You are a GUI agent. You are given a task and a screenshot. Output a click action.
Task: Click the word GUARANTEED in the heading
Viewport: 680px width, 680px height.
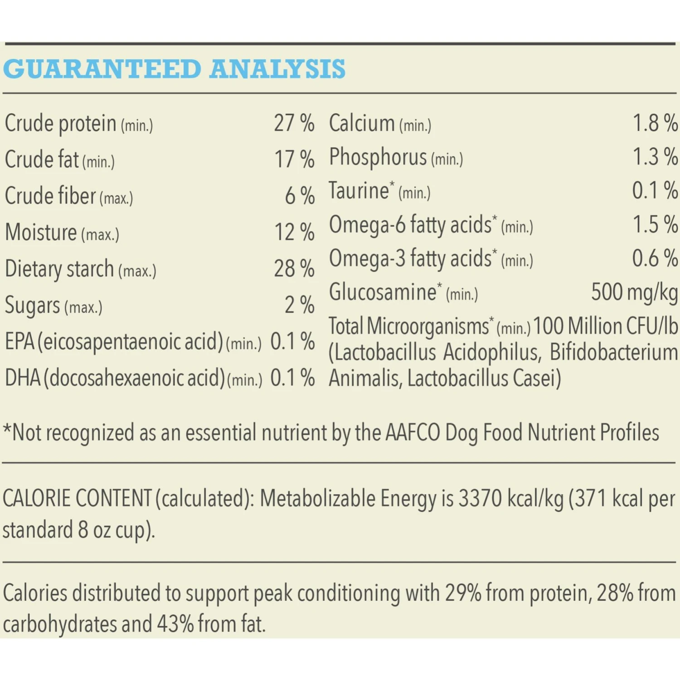[x=102, y=69]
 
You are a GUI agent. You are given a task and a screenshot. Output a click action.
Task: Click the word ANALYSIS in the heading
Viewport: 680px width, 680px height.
[x=277, y=69]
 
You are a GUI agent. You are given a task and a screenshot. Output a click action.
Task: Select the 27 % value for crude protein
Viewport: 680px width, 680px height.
[x=294, y=123]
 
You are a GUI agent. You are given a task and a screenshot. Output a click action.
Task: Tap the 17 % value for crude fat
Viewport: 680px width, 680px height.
[x=294, y=160]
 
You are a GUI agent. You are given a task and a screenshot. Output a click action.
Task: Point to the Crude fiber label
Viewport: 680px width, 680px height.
[x=50, y=196]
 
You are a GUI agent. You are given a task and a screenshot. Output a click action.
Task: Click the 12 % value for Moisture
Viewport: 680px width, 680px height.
[x=294, y=232]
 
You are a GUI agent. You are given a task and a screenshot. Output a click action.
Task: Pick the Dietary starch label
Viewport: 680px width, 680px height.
[x=59, y=269]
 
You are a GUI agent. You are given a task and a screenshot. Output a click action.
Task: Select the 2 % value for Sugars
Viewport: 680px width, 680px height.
[x=299, y=305]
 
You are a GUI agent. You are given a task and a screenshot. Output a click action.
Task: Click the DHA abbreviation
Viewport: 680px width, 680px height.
[x=23, y=378]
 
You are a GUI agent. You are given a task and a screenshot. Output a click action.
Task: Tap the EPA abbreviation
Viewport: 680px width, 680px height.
[x=20, y=342]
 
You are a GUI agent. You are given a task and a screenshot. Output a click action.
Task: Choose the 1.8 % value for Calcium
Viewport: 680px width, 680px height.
[x=655, y=123]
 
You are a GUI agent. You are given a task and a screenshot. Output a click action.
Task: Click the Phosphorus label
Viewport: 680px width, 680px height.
[x=378, y=157]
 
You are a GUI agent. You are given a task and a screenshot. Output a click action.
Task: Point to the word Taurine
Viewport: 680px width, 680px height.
[x=359, y=191]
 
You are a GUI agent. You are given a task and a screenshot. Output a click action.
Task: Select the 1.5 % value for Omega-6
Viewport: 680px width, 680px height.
[x=655, y=225]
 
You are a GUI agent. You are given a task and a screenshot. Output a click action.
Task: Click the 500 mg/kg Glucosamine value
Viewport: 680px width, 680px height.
[x=634, y=292]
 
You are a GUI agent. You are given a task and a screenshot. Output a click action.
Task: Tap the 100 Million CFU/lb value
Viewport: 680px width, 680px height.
[x=605, y=326]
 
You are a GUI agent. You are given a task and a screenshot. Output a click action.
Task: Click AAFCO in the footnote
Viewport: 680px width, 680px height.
[x=413, y=433]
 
